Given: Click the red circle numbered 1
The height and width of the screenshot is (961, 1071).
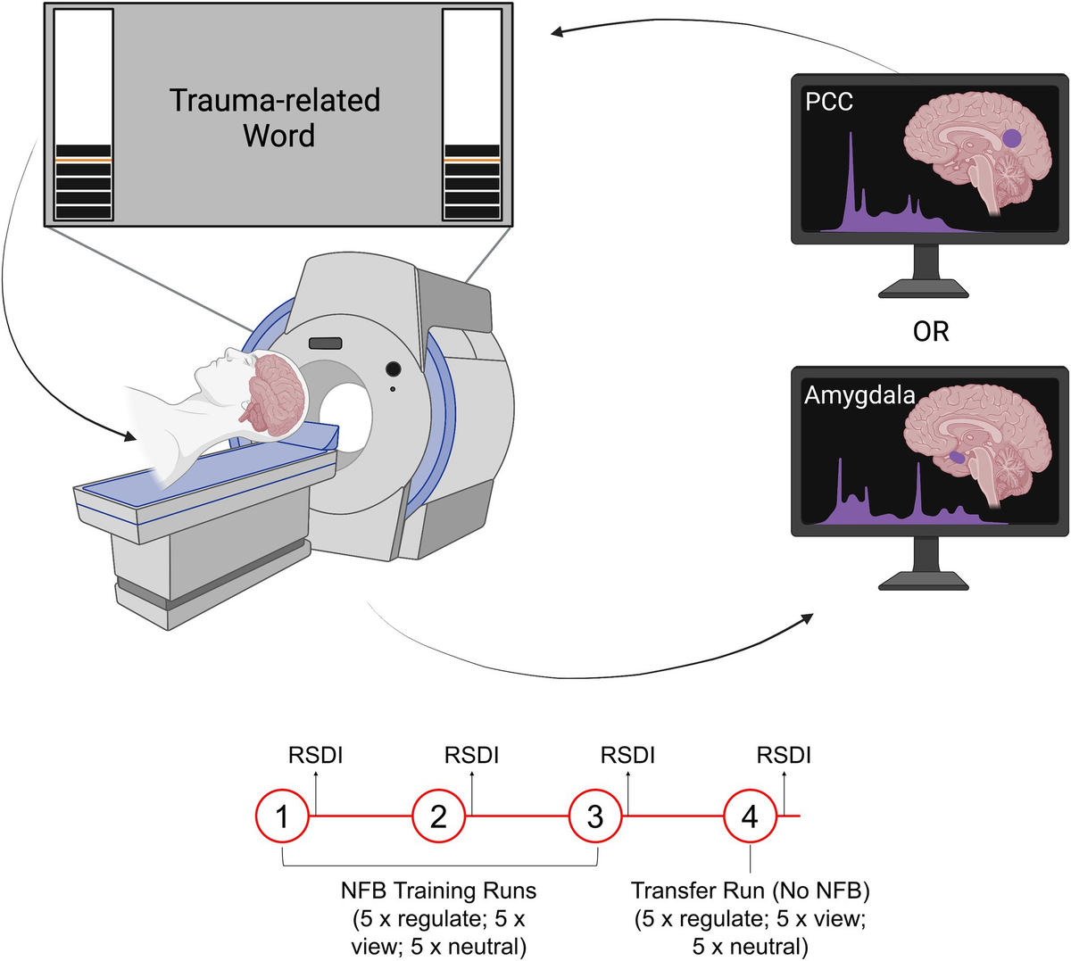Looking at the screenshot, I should point(283,816).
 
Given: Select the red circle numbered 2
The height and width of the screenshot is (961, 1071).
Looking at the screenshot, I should point(438,816).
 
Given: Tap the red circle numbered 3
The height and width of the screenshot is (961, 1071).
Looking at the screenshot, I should point(595,816).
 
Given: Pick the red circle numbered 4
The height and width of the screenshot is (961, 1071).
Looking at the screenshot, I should point(751,816).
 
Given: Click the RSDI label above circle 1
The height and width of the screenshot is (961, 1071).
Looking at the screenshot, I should point(315,755).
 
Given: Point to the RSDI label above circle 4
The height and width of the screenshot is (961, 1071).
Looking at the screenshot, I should point(784,755).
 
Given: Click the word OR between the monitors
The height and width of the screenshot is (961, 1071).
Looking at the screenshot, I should point(930,331).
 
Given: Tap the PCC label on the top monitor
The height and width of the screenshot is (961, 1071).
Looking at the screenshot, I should point(829,102).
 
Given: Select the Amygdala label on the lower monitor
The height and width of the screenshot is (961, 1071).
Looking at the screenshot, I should point(859,394).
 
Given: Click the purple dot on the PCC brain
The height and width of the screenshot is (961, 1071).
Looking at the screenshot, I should point(1012,138).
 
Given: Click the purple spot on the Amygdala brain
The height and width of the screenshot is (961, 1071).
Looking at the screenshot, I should point(957,457).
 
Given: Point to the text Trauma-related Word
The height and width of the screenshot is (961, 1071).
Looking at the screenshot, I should point(276,117).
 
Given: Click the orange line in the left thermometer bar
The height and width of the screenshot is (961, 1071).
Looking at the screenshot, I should point(83,159).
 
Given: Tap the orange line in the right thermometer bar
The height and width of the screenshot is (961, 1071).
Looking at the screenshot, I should point(472,159).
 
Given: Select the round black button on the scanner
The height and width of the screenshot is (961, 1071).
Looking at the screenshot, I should point(392,369).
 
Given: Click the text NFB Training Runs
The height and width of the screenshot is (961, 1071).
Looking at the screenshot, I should point(438,891).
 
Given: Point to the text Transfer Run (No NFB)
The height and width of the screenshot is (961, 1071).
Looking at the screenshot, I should point(750,891).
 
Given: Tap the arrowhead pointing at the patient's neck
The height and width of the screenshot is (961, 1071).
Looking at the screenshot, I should point(131,437).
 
